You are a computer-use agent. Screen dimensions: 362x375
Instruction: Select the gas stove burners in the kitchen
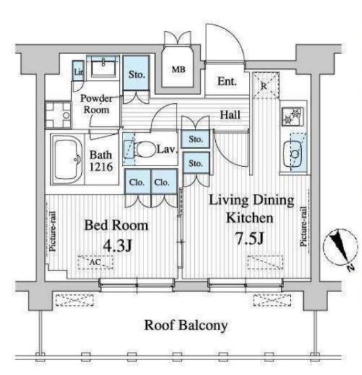292,116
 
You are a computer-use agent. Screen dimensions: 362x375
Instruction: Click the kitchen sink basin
293,153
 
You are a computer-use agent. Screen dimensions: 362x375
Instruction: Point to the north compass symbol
341,250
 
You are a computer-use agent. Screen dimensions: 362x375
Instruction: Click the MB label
179,69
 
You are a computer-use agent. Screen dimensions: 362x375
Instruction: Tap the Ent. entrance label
227,81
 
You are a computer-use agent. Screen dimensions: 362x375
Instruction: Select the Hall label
230,115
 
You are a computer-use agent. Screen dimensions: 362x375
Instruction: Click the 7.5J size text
250,238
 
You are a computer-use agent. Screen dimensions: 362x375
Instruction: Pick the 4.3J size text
117,246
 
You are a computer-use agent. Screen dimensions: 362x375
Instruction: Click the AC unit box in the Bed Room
95,262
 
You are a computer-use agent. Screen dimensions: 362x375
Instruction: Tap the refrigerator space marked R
266,85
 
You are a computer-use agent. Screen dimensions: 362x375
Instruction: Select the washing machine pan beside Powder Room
58,115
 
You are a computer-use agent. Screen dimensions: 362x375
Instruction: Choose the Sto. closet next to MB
136,73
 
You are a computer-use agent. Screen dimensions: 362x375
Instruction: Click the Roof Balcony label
186,325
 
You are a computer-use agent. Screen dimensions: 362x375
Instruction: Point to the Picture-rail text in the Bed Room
53,231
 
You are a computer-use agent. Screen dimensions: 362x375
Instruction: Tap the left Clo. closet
137,182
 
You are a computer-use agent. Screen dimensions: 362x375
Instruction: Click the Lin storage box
78,71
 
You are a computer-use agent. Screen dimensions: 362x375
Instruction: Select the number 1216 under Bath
101,167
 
